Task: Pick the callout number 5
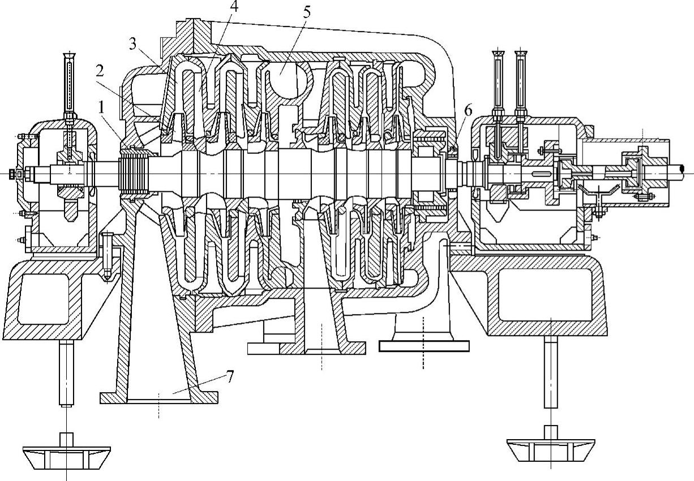click(x=306, y=12)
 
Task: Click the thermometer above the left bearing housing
click(x=69, y=85)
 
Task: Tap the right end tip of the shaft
click(x=684, y=168)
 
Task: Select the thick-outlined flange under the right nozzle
click(x=423, y=345)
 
